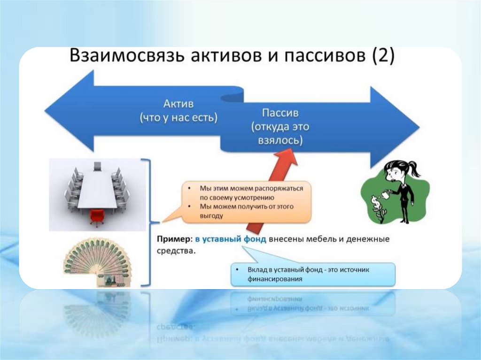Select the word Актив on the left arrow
[x=178, y=103]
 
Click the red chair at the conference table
[x=97, y=217]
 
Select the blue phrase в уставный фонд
[x=231, y=239]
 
